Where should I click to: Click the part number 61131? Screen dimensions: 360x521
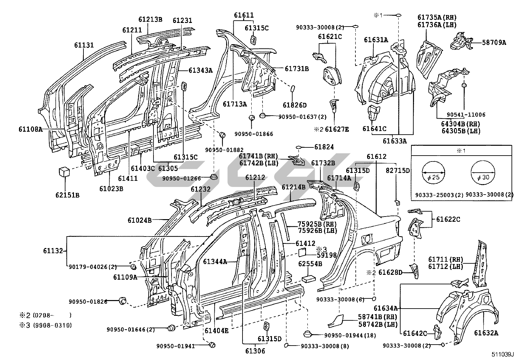click(x=83, y=45)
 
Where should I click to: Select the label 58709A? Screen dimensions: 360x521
click(x=494, y=42)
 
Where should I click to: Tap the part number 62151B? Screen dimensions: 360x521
click(x=67, y=195)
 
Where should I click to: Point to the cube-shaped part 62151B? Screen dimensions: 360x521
click(x=64, y=172)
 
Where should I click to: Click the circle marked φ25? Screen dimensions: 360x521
click(x=434, y=173)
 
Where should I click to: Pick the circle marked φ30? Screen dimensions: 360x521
click(x=482, y=173)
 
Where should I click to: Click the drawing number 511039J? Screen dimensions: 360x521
click(x=502, y=355)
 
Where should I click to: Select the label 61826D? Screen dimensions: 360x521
click(x=295, y=105)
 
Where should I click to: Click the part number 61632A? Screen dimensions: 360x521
click(x=486, y=333)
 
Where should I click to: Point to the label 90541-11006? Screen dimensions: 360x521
click(x=466, y=115)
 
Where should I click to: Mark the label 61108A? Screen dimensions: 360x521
click(x=30, y=129)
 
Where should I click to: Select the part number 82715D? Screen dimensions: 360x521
click(x=398, y=170)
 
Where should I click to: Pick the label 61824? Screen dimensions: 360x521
click(x=324, y=147)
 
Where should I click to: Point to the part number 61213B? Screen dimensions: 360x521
click(x=150, y=19)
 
